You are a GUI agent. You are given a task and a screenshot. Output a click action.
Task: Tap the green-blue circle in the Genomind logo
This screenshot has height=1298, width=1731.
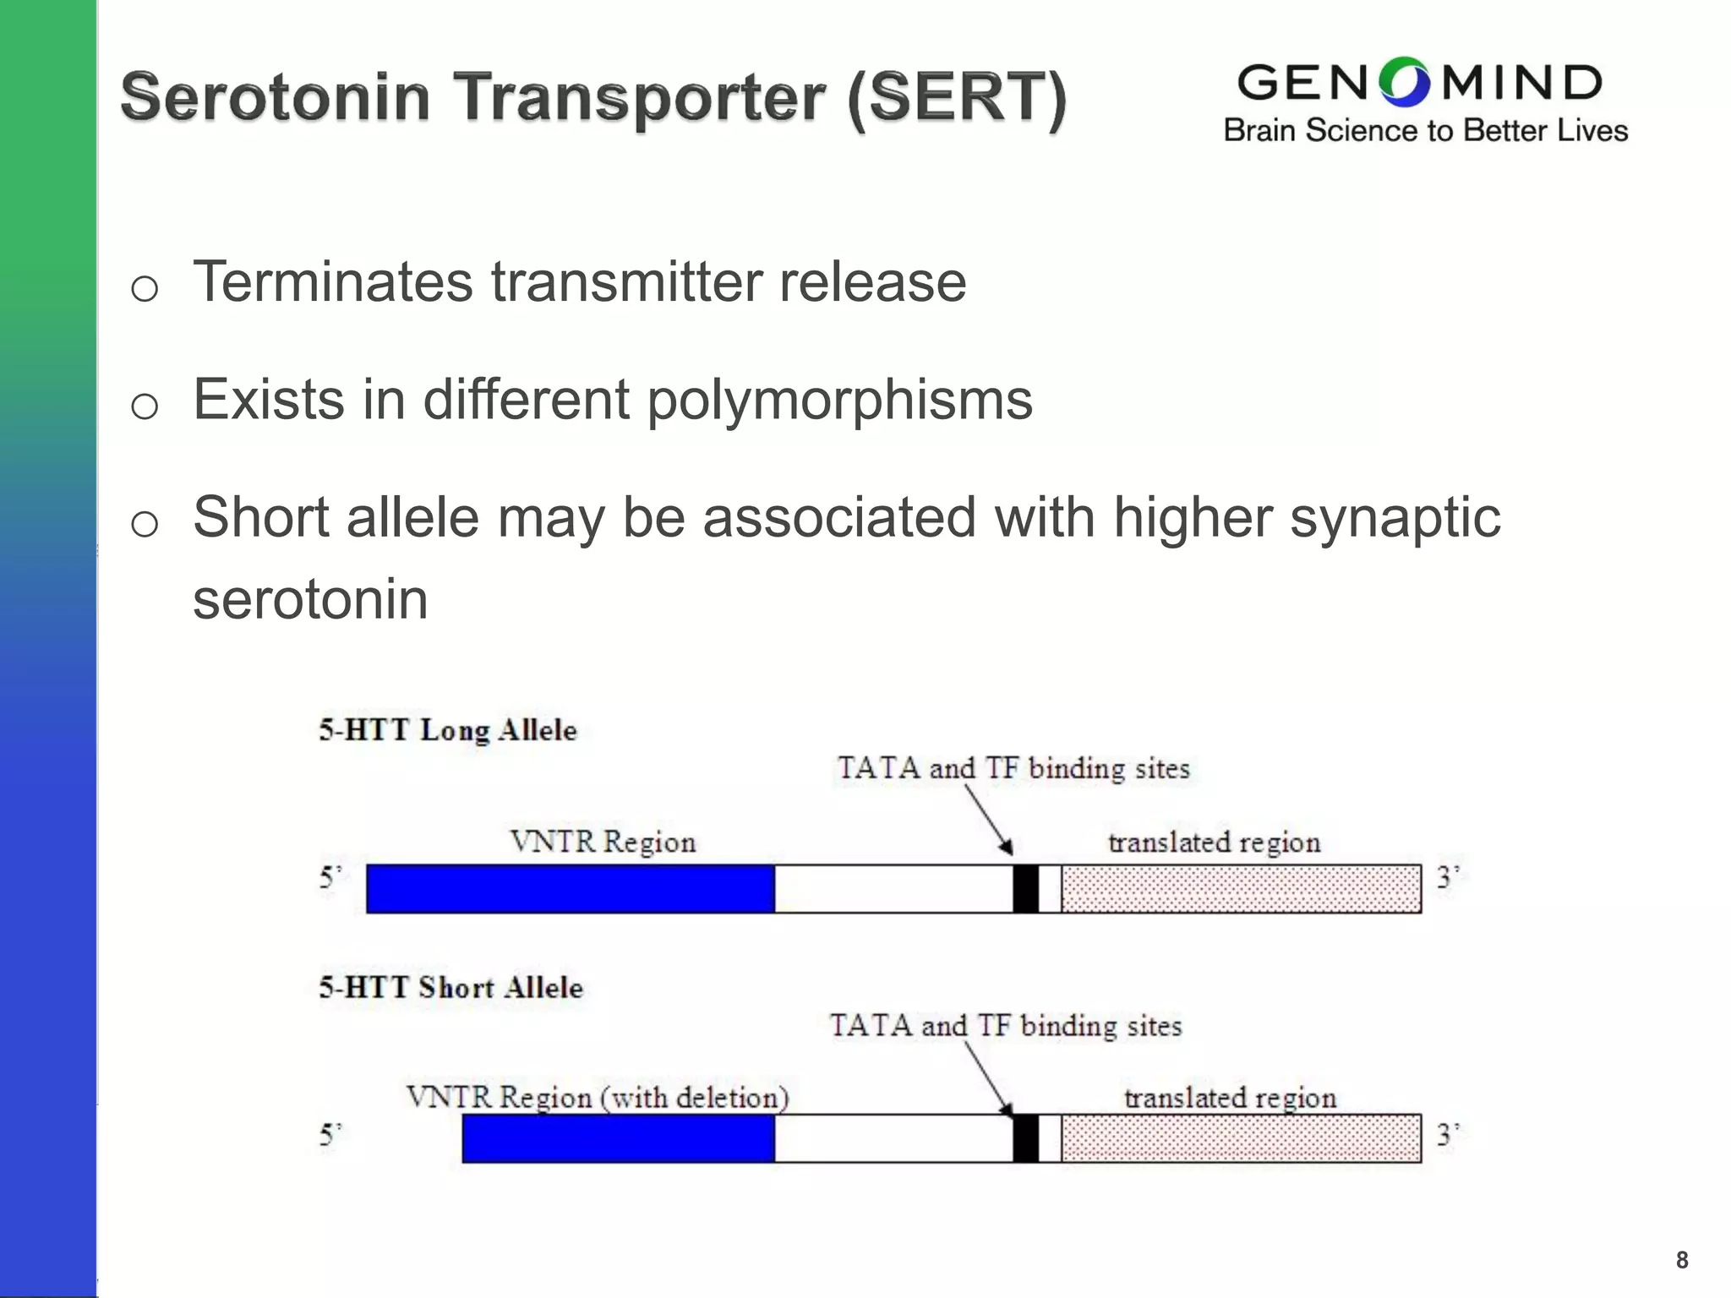pos(1404,83)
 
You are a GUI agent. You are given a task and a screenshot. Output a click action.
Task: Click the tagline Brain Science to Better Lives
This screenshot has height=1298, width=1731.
pos(1425,131)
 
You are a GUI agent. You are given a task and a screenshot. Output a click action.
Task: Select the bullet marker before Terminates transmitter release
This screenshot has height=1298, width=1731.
pos(145,289)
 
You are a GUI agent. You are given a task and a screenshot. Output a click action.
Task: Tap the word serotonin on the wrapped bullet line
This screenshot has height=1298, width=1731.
pos(310,599)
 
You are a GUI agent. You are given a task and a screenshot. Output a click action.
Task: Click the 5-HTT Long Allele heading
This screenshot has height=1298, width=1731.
pos(448,730)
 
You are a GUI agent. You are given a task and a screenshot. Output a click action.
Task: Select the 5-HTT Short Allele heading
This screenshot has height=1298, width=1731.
pos(450,987)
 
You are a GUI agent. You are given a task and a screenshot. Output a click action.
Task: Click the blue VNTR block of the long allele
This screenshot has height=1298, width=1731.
pos(571,889)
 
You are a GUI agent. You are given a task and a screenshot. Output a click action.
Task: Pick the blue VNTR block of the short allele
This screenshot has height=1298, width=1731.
pos(618,1138)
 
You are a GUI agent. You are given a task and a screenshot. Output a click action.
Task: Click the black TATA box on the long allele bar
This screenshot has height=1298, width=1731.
pos(1025,889)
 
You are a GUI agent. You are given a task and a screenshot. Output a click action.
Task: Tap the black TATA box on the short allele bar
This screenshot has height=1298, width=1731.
pos(1025,1138)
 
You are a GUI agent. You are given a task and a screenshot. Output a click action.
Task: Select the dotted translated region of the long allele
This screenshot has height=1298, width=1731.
pos(1241,889)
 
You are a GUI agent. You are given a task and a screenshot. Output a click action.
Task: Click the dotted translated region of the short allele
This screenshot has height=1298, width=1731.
pos(1241,1138)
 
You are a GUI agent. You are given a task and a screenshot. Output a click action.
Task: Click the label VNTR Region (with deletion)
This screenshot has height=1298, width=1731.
pos(598,1098)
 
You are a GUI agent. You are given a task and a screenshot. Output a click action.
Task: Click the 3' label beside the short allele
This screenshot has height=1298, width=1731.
pos(1448,1134)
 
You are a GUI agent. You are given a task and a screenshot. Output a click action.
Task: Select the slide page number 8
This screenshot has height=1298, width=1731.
pos(1682,1260)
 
